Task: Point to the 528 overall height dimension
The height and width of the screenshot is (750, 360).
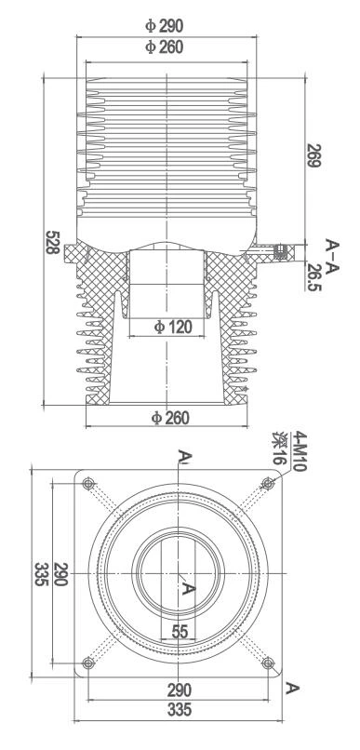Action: point(53,244)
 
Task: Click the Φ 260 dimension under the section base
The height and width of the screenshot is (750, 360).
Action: point(171,418)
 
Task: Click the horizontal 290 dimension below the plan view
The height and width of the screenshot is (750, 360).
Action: point(179,690)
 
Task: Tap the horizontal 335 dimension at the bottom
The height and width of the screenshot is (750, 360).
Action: point(179,710)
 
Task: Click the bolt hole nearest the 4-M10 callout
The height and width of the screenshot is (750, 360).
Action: point(269,482)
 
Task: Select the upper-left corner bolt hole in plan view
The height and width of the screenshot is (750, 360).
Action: point(89,482)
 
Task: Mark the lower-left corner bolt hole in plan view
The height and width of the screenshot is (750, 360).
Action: point(89,662)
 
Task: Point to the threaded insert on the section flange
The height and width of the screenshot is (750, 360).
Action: point(277,249)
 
